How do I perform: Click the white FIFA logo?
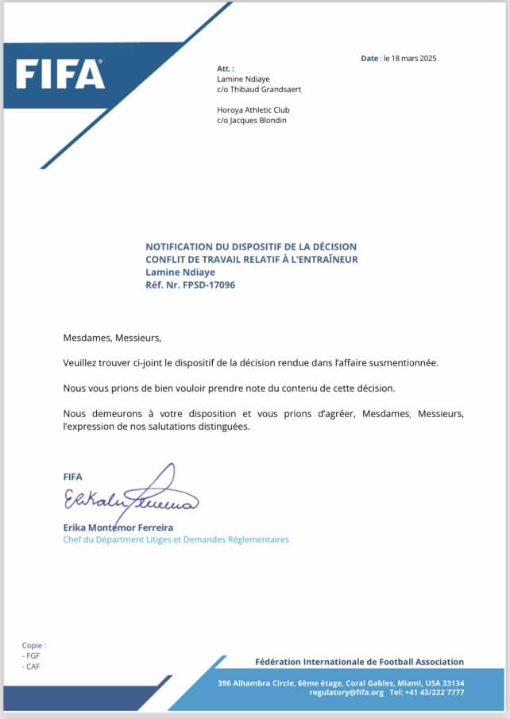60,74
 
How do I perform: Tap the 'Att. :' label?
226,69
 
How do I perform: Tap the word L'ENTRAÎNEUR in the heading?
323,259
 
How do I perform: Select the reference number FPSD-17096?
207,284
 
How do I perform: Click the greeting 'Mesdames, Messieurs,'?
112,338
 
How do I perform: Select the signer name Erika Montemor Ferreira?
118,528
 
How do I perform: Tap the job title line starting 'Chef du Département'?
176,539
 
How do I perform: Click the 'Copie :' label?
34,646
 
